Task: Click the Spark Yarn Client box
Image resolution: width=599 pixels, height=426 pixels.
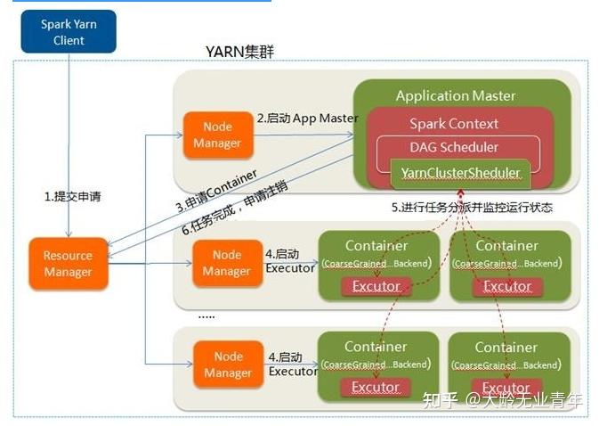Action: click(x=68, y=31)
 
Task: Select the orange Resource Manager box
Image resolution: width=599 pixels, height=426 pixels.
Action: click(x=68, y=264)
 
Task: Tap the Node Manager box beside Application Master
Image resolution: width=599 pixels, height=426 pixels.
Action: click(x=216, y=135)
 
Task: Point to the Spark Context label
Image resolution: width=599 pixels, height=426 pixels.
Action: click(x=454, y=124)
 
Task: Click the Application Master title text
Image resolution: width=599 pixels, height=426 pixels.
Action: click(x=455, y=96)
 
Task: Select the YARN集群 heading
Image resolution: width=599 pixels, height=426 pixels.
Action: click(x=239, y=52)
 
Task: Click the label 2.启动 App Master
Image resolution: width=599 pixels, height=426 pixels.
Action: click(x=307, y=118)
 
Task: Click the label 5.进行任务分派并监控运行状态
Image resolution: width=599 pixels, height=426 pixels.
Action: click(x=472, y=209)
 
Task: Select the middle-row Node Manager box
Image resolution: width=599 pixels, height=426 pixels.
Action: click(x=226, y=263)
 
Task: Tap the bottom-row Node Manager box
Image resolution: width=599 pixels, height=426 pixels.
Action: click(x=228, y=365)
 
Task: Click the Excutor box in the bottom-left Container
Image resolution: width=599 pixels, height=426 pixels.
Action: click(x=376, y=387)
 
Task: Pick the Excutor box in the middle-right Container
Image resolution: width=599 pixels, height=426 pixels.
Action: click(x=506, y=286)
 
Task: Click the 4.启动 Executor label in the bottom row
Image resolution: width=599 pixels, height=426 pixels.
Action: click(x=292, y=364)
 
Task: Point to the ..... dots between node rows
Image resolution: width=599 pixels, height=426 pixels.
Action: click(x=206, y=315)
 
